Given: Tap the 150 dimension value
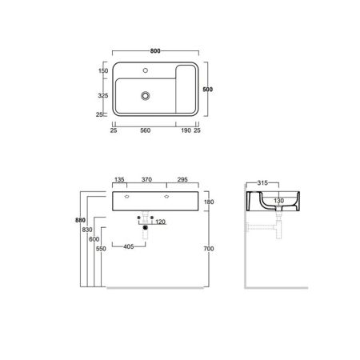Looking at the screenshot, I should click(x=102, y=71).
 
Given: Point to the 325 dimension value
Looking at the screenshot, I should click(x=102, y=94).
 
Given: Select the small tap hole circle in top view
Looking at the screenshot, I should click(x=146, y=71).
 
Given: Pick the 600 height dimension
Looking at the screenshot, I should click(x=94, y=239).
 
